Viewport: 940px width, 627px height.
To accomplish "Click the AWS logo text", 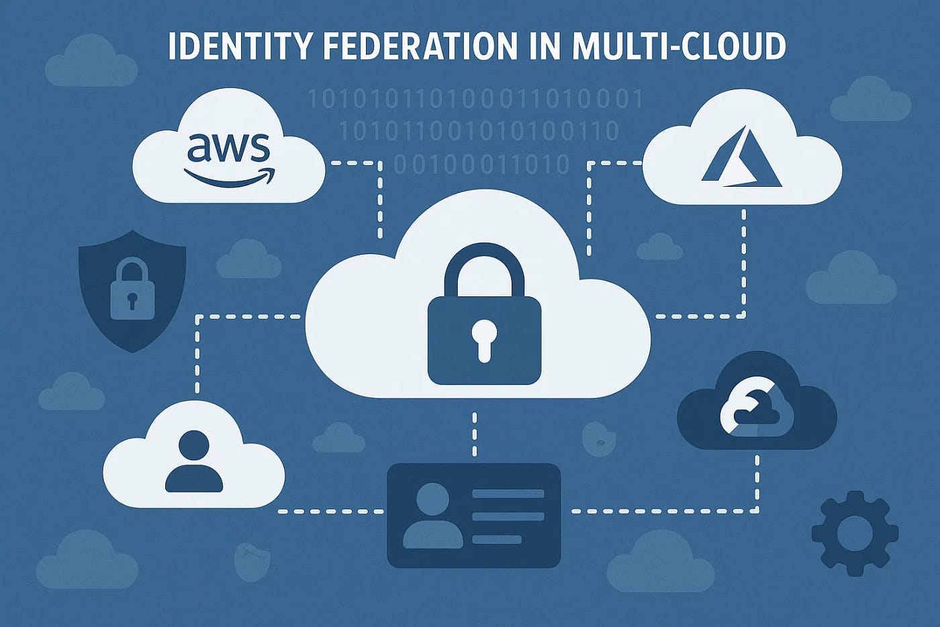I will point(228,147).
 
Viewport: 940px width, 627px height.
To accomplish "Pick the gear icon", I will point(855,533).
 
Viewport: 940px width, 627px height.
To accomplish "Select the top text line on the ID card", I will point(508,494).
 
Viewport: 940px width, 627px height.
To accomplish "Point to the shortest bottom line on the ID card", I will point(497,540).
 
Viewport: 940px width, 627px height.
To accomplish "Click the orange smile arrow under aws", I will point(229,177).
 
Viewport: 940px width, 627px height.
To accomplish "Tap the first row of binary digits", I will point(475,100).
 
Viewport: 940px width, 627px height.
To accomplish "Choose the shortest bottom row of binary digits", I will point(481,164).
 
